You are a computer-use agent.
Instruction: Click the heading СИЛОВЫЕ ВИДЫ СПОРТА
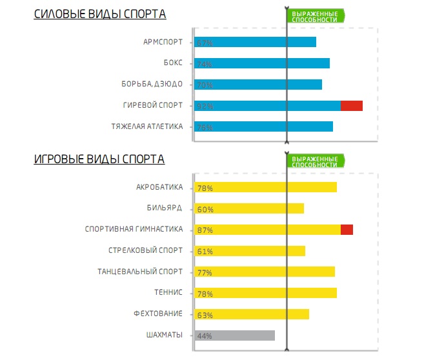(99, 14)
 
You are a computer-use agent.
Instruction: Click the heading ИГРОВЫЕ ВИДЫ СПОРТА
(99, 159)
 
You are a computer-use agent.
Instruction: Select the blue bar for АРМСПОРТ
(256, 43)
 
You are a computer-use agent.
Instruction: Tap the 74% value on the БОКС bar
(205, 64)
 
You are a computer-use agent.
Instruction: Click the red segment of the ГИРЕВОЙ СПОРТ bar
(352, 106)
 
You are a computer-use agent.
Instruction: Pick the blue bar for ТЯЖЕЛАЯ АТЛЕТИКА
(264, 127)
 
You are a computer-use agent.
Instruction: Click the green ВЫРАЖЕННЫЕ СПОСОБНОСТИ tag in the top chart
(315, 16)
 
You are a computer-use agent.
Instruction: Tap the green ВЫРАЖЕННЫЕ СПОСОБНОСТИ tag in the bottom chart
(315, 161)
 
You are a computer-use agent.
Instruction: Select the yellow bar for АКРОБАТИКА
(266, 188)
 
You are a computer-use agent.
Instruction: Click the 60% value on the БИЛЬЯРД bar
(205, 210)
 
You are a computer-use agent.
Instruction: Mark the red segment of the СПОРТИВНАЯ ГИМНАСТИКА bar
(347, 230)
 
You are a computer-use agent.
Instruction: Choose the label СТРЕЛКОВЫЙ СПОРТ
(146, 250)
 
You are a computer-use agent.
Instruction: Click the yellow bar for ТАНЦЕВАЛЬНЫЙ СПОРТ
(265, 272)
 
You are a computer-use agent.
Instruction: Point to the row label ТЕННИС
(168, 293)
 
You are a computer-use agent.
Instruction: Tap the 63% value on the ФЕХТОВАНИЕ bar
(205, 315)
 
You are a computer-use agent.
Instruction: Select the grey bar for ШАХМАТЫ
(235, 335)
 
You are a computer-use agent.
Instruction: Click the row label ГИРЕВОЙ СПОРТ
(153, 105)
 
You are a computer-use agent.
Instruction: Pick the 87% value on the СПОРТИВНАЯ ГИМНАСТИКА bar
(205, 230)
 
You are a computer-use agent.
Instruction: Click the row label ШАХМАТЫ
(165, 335)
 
